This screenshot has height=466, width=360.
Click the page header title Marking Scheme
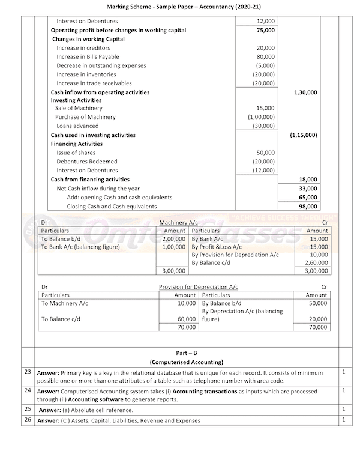click(179, 7)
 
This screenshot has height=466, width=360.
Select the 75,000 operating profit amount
click(265, 30)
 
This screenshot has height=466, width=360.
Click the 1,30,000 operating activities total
click(305, 92)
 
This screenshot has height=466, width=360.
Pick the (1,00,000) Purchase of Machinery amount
click(262, 117)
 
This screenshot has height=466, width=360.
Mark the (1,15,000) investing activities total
click(304, 135)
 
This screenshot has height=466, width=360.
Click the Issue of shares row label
click(76, 153)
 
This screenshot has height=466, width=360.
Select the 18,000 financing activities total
click(308, 180)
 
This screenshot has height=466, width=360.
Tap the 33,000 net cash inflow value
click(308, 189)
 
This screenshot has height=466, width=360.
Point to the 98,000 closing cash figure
click(308, 207)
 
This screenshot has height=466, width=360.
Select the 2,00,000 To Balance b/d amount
click(173, 238)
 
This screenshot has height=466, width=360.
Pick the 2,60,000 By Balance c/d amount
click(317, 262)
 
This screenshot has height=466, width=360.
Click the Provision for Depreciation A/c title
click(198, 288)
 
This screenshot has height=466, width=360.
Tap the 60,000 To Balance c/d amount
click(187, 319)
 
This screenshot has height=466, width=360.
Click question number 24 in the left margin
click(27, 390)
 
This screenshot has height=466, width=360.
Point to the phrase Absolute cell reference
click(97, 410)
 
